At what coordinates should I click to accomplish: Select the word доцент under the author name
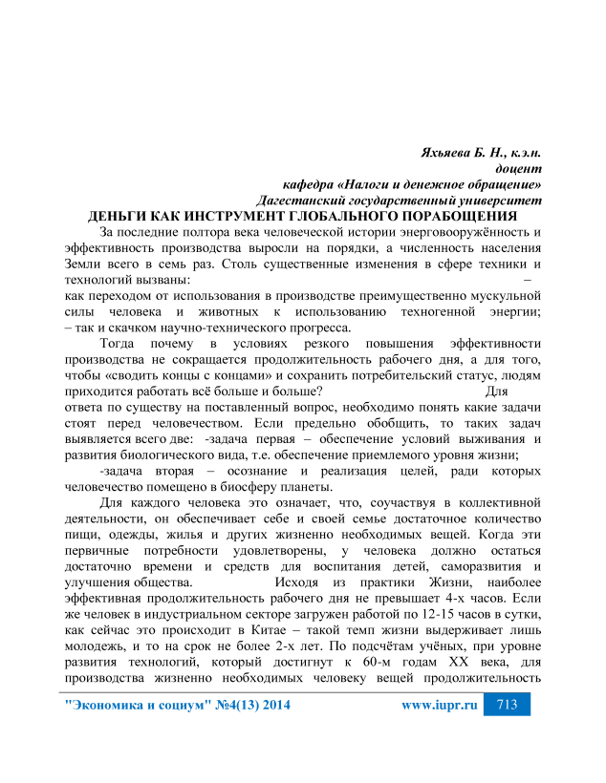pyautogui.click(x=521, y=168)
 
